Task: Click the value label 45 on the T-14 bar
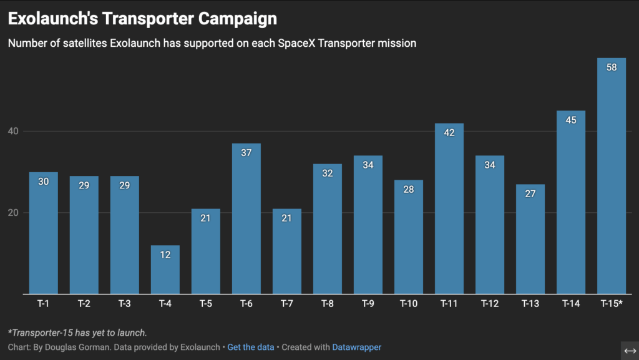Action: pyautogui.click(x=570, y=120)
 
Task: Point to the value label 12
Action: pyautogui.click(x=165, y=255)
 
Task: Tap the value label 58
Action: pyautogui.click(x=612, y=67)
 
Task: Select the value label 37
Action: pyautogui.click(x=246, y=153)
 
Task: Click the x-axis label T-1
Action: pyautogui.click(x=43, y=304)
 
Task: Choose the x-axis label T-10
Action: pyautogui.click(x=409, y=304)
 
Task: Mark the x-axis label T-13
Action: pyautogui.click(x=530, y=304)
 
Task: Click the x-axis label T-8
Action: pyautogui.click(x=327, y=304)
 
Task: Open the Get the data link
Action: pyautogui.click(x=251, y=347)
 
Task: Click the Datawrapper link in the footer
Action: pyautogui.click(x=356, y=347)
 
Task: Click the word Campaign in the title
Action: pyautogui.click(x=238, y=19)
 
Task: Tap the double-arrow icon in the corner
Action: pyautogui.click(x=630, y=350)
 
